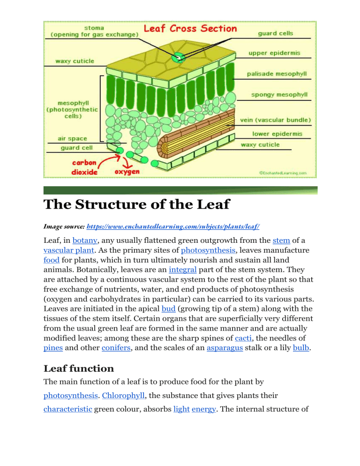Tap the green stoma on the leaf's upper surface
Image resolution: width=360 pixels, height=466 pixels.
point(179,59)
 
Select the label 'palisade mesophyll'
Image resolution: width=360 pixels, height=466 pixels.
point(277,74)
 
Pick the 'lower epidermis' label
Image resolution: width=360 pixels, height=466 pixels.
point(278,134)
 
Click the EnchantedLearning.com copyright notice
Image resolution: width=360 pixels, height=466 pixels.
point(283,173)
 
